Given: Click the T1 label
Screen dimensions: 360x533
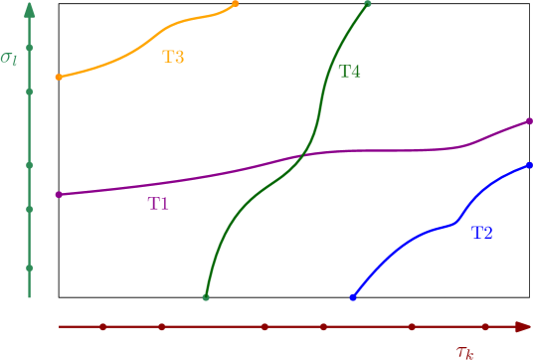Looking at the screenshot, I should (158, 204).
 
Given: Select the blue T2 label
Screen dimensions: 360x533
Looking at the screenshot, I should (481, 233).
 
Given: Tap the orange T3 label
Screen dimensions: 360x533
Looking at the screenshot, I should (173, 57).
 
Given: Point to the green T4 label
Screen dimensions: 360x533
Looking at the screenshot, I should (349, 72).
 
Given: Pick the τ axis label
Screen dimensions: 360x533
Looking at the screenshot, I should (464, 350).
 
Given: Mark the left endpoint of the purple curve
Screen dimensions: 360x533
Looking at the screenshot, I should (59, 195).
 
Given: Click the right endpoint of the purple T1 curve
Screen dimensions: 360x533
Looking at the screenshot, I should (529, 121).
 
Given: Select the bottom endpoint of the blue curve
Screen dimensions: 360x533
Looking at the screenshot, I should (353, 297).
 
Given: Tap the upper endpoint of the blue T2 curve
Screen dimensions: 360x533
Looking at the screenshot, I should (529, 165).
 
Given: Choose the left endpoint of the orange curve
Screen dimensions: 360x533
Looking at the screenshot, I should (59, 77).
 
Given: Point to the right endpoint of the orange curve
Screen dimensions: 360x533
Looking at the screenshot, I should (236, 4).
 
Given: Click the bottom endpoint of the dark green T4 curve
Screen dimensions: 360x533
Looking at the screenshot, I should (206, 297).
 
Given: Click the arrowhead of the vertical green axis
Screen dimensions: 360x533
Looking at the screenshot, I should (30, 10).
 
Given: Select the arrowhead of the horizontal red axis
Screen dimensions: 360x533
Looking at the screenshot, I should (521, 326).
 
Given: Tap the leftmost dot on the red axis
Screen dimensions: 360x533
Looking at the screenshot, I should (102, 326).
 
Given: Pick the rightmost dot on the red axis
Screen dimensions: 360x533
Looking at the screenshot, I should (484, 326).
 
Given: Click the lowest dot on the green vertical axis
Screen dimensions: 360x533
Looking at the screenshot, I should (30, 268).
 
